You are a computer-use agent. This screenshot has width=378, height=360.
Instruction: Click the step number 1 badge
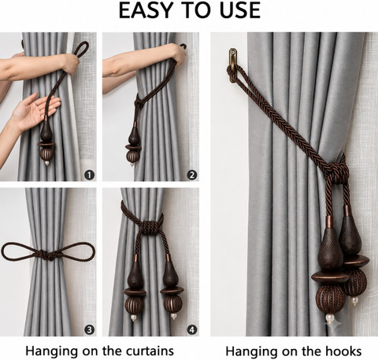(90, 175)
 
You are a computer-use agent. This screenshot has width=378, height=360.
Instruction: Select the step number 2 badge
(192, 175)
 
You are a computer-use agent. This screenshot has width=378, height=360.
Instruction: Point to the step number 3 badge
(90, 329)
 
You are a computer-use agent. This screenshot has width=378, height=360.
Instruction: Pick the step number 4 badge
(192, 329)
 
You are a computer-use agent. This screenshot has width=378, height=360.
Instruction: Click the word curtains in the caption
(150, 351)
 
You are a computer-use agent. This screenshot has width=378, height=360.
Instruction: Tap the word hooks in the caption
(343, 351)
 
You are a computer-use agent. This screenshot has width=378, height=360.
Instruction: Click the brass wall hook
(232, 65)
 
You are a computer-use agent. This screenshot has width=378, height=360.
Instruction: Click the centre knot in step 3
(47, 254)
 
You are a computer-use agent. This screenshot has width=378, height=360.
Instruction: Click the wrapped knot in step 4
(150, 226)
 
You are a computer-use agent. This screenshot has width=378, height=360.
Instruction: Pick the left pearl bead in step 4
(134, 317)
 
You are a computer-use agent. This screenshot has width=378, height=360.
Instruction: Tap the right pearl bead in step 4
(173, 316)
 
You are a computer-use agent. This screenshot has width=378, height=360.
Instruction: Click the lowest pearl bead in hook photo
(330, 319)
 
